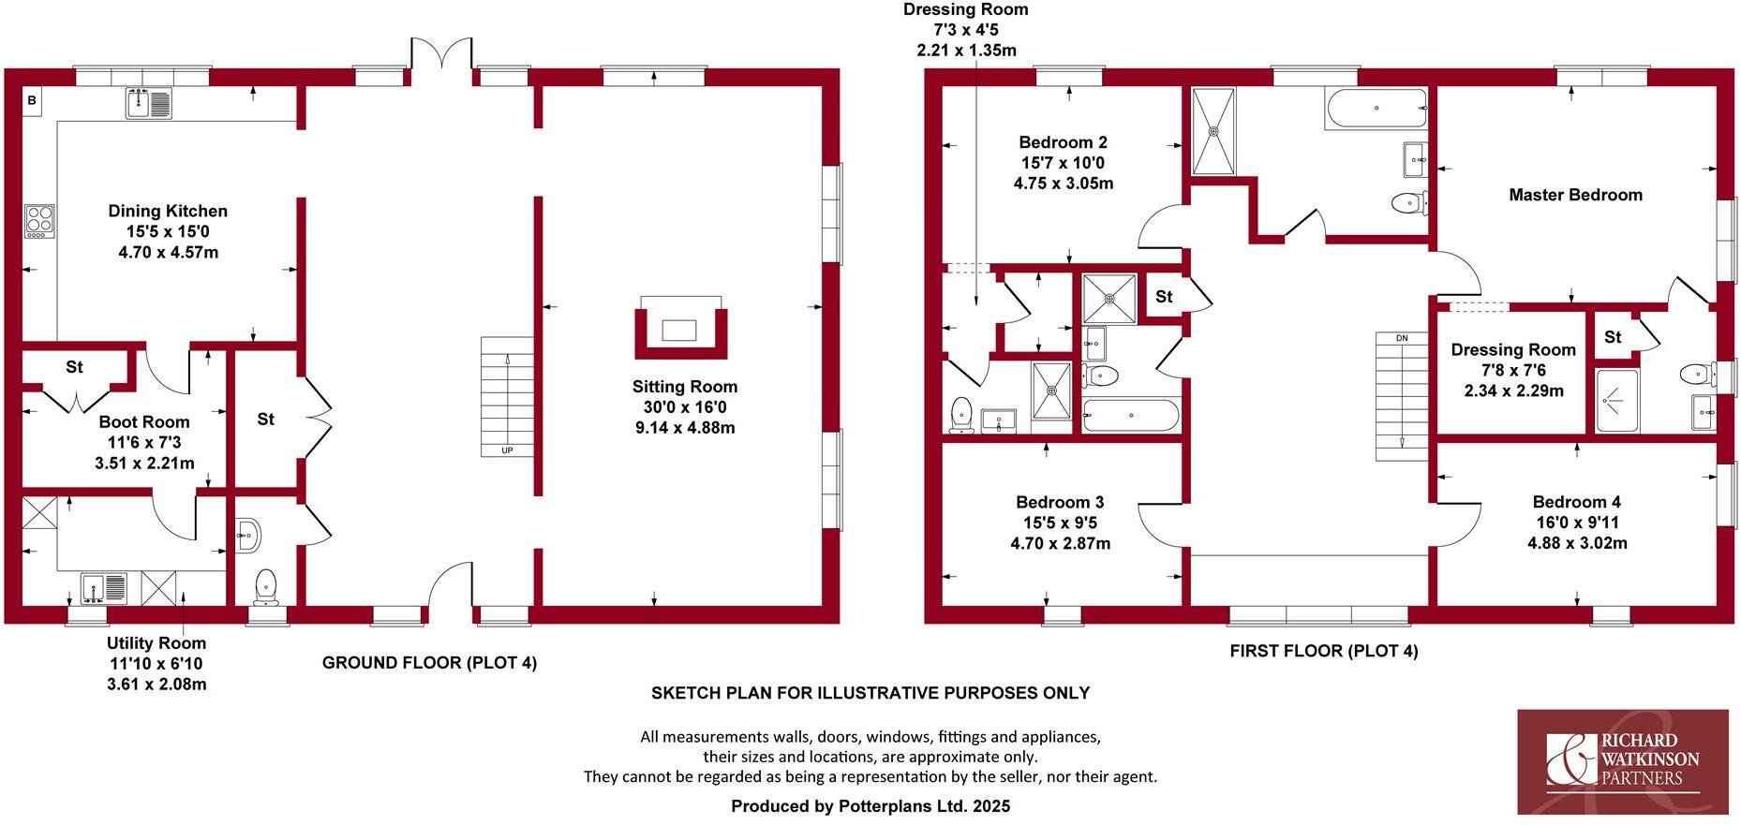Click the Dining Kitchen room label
tap(168, 212)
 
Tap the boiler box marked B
tap(31, 100)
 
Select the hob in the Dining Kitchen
tap(39, 221)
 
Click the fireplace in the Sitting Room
tap(680, 330)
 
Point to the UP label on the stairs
tap(507, 450)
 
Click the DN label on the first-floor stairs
tap(1402, 338)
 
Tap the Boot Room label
tap(144, 422)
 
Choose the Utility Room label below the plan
tap(156, 643)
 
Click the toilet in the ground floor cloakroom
tap(266, 585)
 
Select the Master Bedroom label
tap(1575, 196)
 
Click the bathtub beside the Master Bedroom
tap(1375, 109)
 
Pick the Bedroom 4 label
tap(1576, 503)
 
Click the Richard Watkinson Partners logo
tap(1622, 761)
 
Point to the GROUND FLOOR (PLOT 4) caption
tap(429, 663)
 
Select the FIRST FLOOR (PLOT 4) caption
tap(1323, 651)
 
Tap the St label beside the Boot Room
tap(74, 367)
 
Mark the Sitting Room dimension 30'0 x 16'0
tap(684, 407)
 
